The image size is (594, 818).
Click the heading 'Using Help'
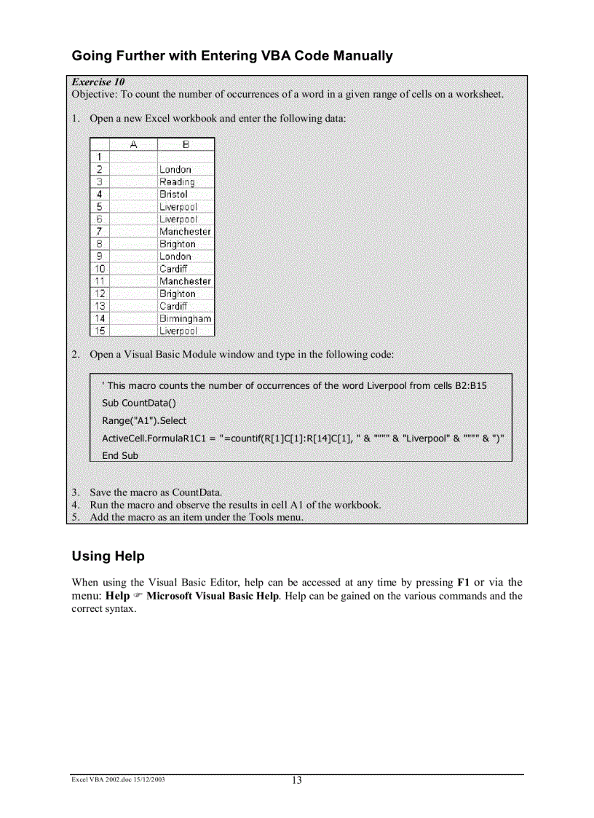tap(108, 557)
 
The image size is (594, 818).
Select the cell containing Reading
tap(177, 182)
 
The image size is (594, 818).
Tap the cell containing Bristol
tap(173, 194)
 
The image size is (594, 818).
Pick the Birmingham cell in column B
tap(185, 318)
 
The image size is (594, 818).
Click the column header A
tap(133, 144)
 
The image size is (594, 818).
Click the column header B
tap(186, 144)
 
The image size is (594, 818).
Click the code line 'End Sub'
tap(120, 455)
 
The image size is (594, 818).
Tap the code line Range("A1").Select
tap(144, 420)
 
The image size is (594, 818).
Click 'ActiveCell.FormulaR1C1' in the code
tap(148, 438)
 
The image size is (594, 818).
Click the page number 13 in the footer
tap(296, 780)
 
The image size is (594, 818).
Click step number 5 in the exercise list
tap(75, 517)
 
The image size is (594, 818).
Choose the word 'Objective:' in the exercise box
tap(94, 94)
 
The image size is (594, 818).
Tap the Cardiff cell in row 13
tap(173, 306)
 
